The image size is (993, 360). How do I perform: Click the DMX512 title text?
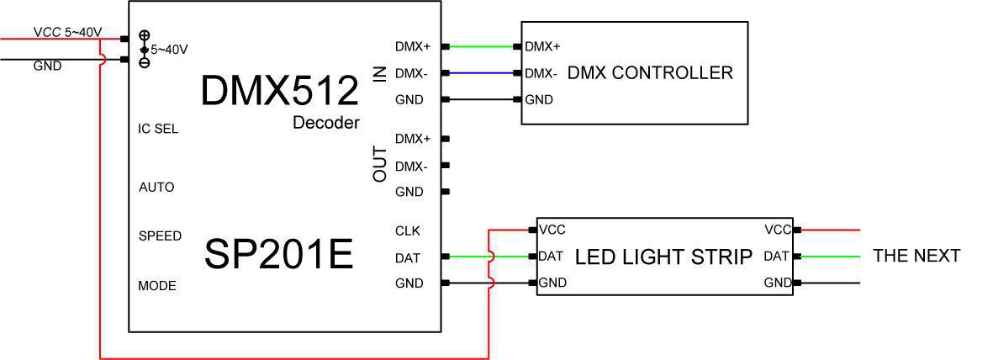click(x=279, y=90)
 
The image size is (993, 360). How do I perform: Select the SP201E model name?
click(x=278, y=254)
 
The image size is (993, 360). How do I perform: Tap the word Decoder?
click(x=325, y=123)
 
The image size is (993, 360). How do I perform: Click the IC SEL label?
click(x=158, y=130)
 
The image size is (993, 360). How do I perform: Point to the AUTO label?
click(x=156, y=187)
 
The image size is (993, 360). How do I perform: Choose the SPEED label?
click(x=160, y=236)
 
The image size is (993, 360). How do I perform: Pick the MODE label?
click(x=157, y=286)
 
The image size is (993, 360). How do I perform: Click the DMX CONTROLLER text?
click(x=650, y=73)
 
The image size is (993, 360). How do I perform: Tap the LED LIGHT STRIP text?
click(x=663, y=257)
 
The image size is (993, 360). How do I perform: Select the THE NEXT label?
click(x=916, y=256)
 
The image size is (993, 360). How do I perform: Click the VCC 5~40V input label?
click(x=67, y=32)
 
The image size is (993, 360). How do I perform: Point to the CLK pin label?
click(x=407, y=230)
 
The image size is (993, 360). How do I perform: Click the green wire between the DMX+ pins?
click(x=484, y=46)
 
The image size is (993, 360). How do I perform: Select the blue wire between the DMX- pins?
click(x=484, y=73)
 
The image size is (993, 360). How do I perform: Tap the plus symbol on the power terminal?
click(x=144, y=35)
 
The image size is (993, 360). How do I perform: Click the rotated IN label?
click(x=380, y=73)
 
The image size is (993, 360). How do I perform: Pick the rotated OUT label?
click(x=380, y=165)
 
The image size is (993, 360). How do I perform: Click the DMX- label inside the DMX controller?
click(x=541, y=73)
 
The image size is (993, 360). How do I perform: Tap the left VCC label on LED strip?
click(x=552, y=230)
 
